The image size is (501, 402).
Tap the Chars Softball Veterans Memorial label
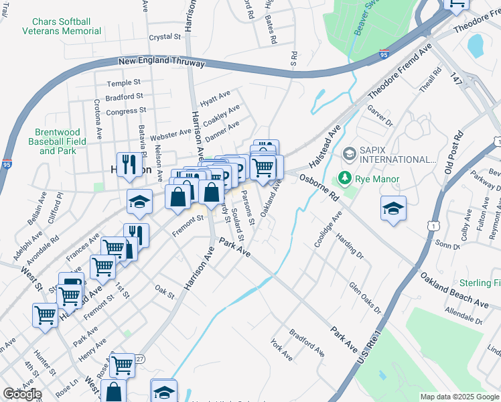62,25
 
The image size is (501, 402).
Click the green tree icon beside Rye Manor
345,178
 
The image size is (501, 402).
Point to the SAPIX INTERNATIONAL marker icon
349,154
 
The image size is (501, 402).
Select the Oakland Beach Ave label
454,289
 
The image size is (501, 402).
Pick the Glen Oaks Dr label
365,297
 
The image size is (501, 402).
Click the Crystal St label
165,38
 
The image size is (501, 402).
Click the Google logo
22,394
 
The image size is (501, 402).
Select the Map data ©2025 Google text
459,397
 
